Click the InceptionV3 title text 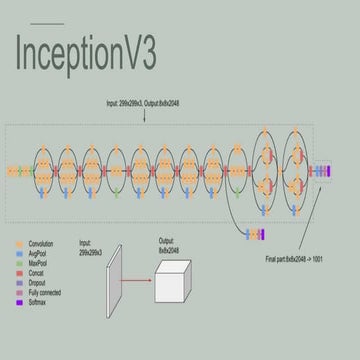[85, 54]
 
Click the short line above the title [47, 23]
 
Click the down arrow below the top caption [146, 116]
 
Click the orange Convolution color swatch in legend [19, 243]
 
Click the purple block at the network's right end [326, 170]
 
